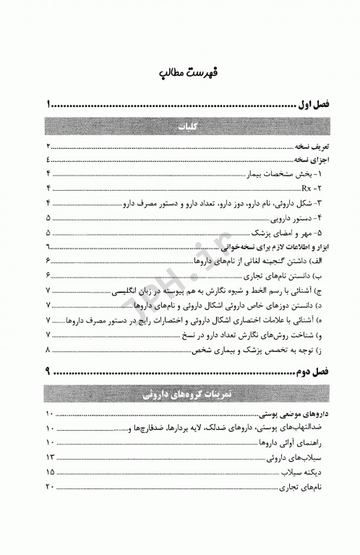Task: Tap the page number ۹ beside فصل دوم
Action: coord(48,372)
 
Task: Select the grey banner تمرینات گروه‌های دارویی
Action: coord(180,395)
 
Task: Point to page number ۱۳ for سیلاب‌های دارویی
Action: coord(50,457)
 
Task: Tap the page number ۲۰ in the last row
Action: coord(50,488)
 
